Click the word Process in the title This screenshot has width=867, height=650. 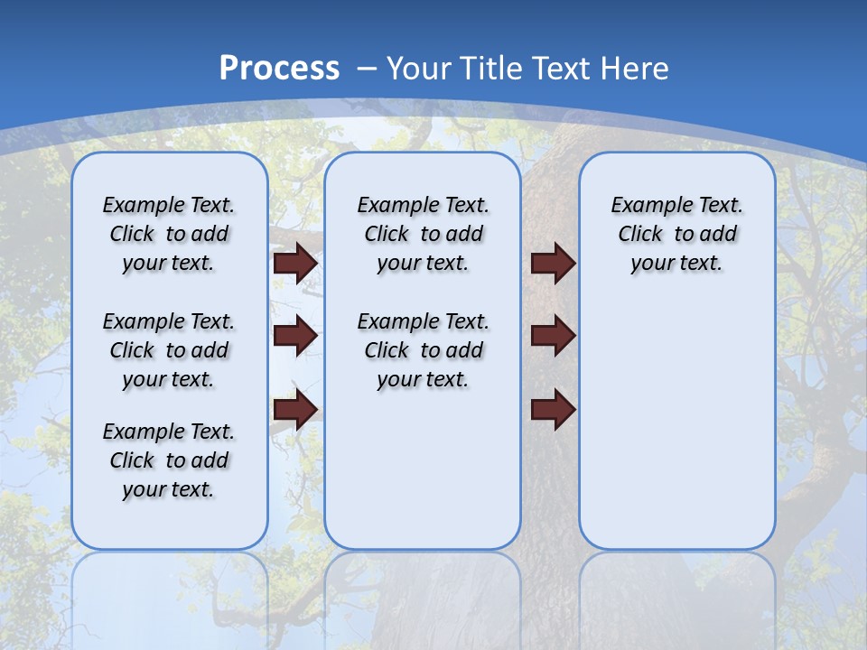(279, 68)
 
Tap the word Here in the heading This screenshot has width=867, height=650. (636, 68)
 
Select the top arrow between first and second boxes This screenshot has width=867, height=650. (295, 263)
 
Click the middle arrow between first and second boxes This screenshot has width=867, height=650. (295, 337)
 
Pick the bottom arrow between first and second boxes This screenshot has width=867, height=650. (295, 410)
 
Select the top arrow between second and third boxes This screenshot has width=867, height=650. (553, 263)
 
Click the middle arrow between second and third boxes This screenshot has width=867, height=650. (553, 337)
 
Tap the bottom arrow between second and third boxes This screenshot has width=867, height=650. (553, 410)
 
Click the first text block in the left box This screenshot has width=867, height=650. (169, 234)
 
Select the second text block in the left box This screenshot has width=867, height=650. (169, 350)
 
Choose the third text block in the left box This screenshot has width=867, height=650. (169, 460)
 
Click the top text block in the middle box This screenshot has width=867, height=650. (423, 234)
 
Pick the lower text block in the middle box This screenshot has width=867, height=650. (423, 350)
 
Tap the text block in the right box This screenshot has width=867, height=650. (676, 234)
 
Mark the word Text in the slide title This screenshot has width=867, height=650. (564, 68)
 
